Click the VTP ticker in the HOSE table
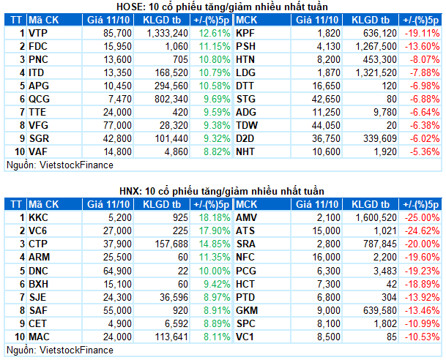pos(39,33)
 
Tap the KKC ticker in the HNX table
pos(39,217)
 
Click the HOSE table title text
pos(223,7)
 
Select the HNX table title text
pos(223,191)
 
